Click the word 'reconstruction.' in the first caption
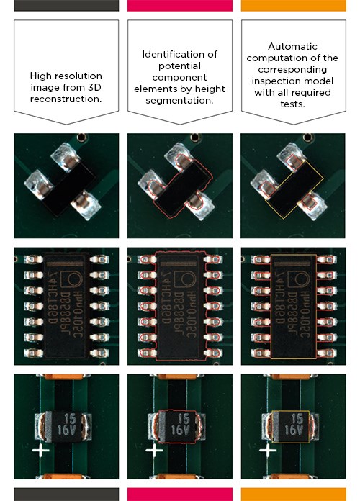(66, 99)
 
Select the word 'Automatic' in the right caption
(292, 45)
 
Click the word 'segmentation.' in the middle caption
(179, 100)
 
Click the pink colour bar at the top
(179, 6)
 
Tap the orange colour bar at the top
(292, 6)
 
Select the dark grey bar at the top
(66, 6)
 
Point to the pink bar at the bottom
(179, 495)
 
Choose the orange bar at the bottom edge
(292, 495)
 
